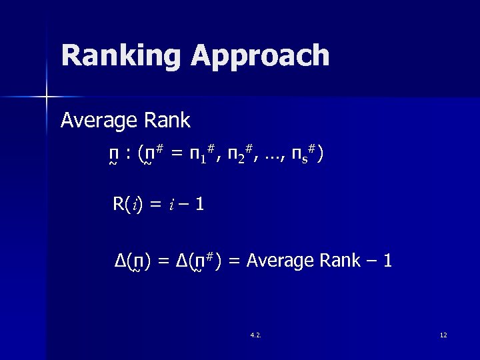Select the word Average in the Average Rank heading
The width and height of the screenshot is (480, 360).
tap(98, 121)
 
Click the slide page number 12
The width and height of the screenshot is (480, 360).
tap(443, 335)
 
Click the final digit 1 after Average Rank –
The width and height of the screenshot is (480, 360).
tap(387, 261)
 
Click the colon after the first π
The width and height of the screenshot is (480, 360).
tap(127, 156)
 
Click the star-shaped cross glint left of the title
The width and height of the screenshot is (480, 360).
tap(47, 97)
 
